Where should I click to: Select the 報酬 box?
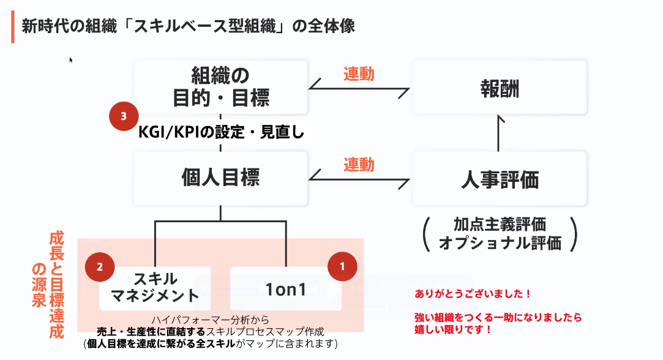[500, 87]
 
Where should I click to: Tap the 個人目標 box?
[220, 178]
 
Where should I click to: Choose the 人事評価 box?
[500, 179]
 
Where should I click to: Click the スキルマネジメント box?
[155, 287]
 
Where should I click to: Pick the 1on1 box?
[285, 288]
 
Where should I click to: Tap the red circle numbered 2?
[101, 267]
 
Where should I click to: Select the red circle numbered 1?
[342, 267]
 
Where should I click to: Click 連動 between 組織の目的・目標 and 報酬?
[359, 74]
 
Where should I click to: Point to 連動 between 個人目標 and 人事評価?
[359, 165]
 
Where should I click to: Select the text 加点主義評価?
[500, 225]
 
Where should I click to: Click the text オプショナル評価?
[500, 243]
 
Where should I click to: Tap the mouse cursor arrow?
[71, 59]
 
